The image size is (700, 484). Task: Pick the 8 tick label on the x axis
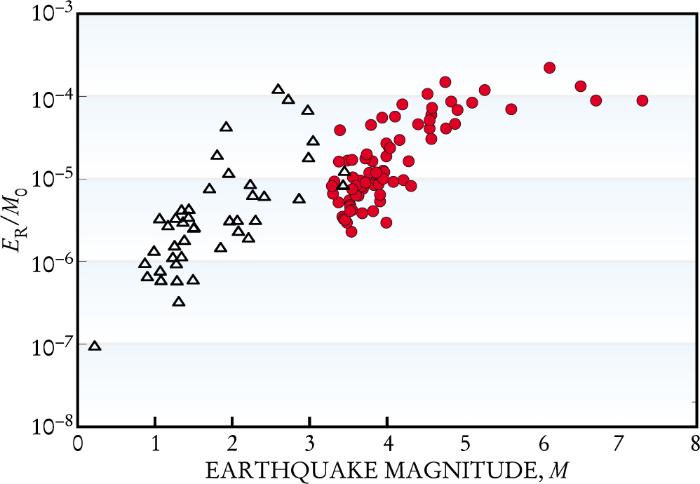tap(694, 445)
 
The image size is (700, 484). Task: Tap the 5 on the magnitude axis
tap(464, 445)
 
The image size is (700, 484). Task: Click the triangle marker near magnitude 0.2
tap(94, 345)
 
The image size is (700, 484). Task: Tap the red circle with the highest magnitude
tap(642, 100)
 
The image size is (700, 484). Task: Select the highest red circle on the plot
tap(549, 67)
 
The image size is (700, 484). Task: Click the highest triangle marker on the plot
tap(278, 89)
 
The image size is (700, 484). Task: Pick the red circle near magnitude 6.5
tap(580, 86)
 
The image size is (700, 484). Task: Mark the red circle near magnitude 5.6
tap(511, 109)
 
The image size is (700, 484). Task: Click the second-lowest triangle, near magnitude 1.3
tap(179, 302)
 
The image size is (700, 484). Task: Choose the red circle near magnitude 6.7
tap(595, 100)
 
